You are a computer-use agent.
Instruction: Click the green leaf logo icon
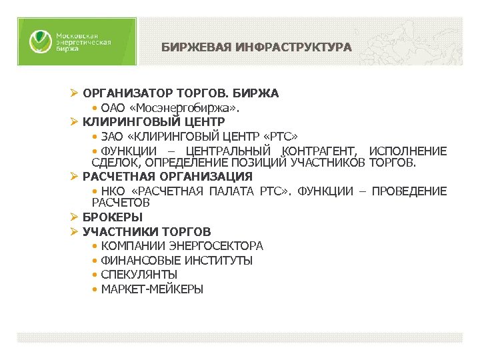pyautogui.click(x=39, y=41)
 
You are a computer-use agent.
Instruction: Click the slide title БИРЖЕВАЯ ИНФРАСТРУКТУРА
pyautogui.click(x=256, y=47)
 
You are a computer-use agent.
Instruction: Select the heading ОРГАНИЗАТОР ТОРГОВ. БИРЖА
pyautogui.click(x=181, y=93)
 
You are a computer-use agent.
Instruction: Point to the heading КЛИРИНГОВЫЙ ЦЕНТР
pyautogui.click(x=153, y=122)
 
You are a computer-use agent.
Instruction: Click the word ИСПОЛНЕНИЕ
pyautogui.click(x=407, y=151)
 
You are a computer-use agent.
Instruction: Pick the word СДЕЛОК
pyautogui.click(x=113, y=163)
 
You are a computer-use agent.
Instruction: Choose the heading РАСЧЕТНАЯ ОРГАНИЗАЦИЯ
pyautogui.click(x=167, y=177)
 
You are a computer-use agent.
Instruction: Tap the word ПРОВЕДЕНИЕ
pyautogui.click(x=409, y=191)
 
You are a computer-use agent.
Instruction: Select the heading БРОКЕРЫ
pyautogui.click(x=113, y=217)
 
